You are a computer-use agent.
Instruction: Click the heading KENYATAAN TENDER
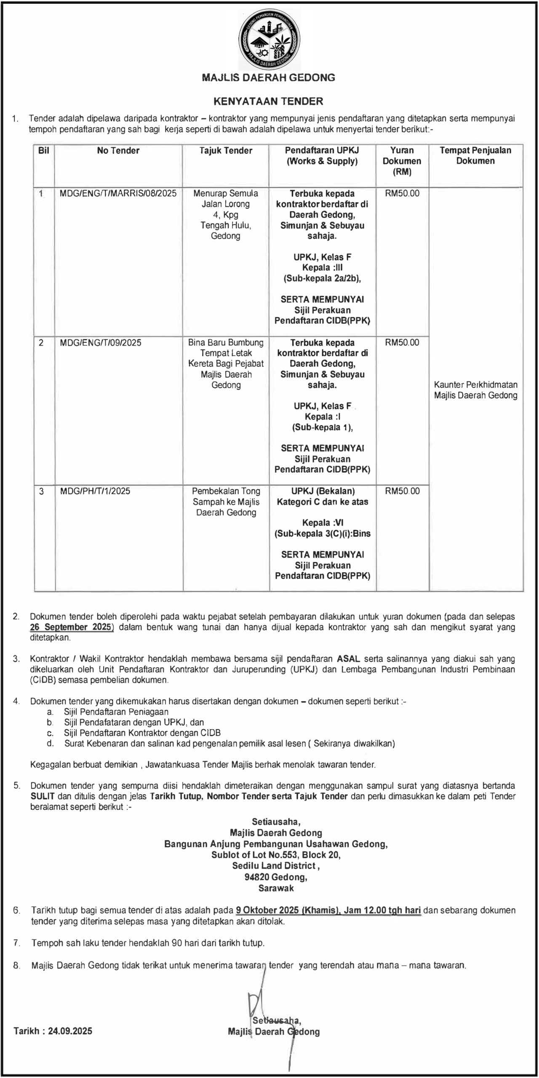pyautogui.click(x=268, y=101)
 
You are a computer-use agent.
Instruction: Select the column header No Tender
pyautogui.click(x=118, y=151)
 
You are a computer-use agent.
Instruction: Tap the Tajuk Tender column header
pyautogui.click(x=226, y=151)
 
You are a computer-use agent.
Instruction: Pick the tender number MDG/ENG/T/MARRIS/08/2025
pyautogui.click(x=118, y=194)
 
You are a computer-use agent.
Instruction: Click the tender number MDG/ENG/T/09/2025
pyautogui.click(x=101, y=343)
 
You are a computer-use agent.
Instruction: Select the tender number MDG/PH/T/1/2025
pyautogui.click(x=95, y=491)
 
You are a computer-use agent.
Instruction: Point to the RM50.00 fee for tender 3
pyautogui.click(x=402, y=491)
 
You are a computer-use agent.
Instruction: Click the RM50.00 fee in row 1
pyautogui.click(x=402, y=194)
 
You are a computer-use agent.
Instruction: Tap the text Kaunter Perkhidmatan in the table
pyautogui.click(x=475, y=385)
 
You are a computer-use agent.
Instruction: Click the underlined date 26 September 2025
pyautogui.click(x=71, y=627)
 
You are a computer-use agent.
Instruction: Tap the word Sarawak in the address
pyautogui.click(x=276, y=889)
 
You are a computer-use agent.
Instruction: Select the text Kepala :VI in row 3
pyautogui.click(x=323, y=523)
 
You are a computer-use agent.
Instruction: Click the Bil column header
pyautogui.click(x=44, y=151)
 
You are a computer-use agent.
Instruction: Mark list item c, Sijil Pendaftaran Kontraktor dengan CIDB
pyautogui.click(x=142, y=733)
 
